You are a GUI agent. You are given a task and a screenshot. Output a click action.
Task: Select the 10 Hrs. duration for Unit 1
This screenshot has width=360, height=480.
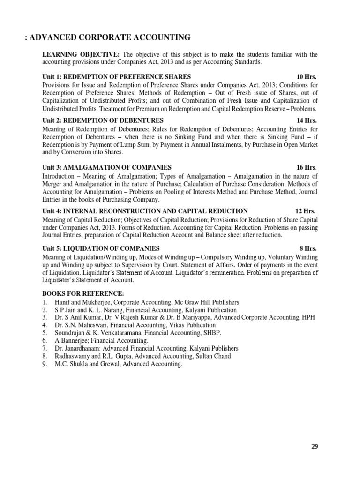click(x=307, y=76)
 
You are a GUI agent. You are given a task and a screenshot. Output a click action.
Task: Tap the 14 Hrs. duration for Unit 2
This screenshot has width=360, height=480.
click(x=307, y=120)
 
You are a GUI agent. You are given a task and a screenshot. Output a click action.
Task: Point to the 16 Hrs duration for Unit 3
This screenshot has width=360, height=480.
click(x=307, y=167)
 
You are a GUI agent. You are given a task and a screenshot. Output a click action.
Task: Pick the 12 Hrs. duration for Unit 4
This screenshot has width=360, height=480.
click(x=306, y=211)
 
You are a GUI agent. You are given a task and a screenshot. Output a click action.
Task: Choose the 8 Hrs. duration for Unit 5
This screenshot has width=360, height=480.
click(x=308, y=248)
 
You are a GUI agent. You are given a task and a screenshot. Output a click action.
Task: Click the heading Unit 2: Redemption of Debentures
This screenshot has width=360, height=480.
click(x=103, y=120)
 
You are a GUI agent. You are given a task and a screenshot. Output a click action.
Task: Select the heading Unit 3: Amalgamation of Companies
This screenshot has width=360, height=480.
click(x=107, y=167)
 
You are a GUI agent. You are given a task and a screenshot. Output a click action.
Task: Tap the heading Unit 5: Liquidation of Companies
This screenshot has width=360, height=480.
click(x=101, y=248)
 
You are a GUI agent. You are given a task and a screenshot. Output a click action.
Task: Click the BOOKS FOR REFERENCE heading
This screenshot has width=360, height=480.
click(x=83, y=293)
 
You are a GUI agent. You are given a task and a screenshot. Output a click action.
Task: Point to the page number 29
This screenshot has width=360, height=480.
click(x=315, y=446)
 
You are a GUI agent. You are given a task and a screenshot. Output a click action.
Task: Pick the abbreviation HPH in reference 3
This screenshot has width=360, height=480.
click(x=308, y=317)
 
